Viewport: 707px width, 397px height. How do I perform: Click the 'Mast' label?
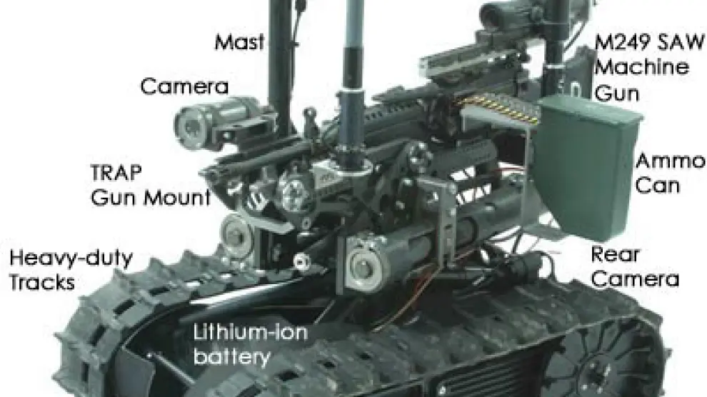pos(239,42)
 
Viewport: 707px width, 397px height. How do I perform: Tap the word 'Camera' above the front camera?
pos(184,86)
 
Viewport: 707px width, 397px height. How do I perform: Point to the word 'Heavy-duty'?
pos(71,258)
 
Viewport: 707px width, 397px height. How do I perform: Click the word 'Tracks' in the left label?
pos(42,283)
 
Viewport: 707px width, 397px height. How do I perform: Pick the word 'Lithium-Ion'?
pos(251,333)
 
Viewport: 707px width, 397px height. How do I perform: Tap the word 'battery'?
pos(232,357)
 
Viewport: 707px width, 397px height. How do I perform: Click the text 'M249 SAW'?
pos(649,43)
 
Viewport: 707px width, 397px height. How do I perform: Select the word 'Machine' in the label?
pos(641,68)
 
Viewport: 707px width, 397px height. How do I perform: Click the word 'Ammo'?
pos(670,161)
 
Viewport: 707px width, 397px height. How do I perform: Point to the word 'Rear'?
pos(615,255)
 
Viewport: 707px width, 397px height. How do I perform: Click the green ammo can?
pos(586,166)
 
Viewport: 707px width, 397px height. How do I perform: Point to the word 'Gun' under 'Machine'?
pos(616,94)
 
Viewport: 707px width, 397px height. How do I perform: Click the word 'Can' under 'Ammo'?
pos(658,186)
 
